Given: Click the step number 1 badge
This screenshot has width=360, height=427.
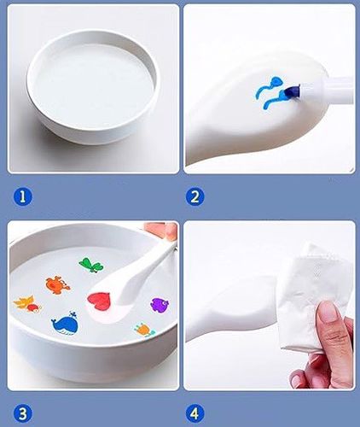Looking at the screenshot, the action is point(23,196).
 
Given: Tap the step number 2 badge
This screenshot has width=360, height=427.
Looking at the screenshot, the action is point(195,196).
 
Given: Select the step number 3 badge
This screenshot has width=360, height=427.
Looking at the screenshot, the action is point(23,413).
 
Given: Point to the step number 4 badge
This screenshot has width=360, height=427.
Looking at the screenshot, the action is point(195,413).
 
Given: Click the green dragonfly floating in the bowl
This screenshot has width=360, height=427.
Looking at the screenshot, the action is point(90,265).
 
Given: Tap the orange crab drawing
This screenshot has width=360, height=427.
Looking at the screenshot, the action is point(57,284).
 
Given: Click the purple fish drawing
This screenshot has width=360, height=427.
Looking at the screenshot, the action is point(160,305).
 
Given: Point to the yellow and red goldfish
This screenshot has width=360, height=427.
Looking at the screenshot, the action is point(28,304).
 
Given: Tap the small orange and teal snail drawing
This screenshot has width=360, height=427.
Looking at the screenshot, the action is point(145,330).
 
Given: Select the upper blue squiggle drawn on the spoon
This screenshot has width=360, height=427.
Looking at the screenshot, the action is point(270,86).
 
